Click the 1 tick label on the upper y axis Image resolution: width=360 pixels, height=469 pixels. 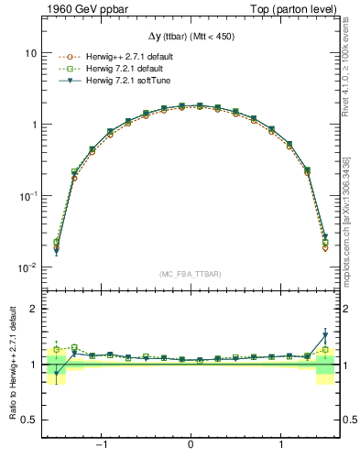[x=33, y=125]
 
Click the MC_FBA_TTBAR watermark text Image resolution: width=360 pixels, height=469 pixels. [x=190, y=274]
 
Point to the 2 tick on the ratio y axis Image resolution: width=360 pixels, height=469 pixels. [x=33, y=309]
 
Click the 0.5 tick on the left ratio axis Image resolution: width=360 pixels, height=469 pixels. [x=28, y=420]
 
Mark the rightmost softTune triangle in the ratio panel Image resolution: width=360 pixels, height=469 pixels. [x=324, y=334]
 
